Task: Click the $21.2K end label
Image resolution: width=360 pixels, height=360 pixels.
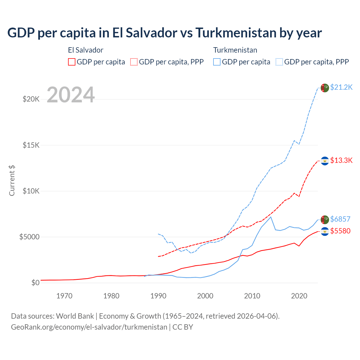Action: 341,87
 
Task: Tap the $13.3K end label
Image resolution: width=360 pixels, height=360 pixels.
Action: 341,161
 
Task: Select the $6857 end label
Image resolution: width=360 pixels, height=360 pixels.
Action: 340,219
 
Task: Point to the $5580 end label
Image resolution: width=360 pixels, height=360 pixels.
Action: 340,231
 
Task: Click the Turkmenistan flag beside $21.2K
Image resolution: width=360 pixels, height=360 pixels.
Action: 325,88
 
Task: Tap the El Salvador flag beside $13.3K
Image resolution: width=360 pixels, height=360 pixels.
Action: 325,161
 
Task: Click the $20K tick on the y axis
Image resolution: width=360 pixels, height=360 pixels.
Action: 31,99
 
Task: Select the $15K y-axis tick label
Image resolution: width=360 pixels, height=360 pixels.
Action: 31,145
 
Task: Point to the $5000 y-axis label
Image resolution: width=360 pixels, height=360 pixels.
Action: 29,237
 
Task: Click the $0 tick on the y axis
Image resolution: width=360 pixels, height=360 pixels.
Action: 35,283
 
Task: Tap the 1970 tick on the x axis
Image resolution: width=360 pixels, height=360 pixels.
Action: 64,296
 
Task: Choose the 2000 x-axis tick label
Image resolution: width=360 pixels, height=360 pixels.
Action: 205,296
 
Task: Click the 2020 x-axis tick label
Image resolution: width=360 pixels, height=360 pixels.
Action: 299,296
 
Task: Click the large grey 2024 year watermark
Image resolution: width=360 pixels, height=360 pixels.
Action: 71,95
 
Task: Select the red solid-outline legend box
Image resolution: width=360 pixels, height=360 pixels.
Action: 72,62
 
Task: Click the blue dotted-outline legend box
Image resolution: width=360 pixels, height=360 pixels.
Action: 279,62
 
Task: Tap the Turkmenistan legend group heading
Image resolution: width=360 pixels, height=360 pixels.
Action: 235,50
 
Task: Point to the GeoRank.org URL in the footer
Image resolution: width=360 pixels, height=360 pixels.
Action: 89,327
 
